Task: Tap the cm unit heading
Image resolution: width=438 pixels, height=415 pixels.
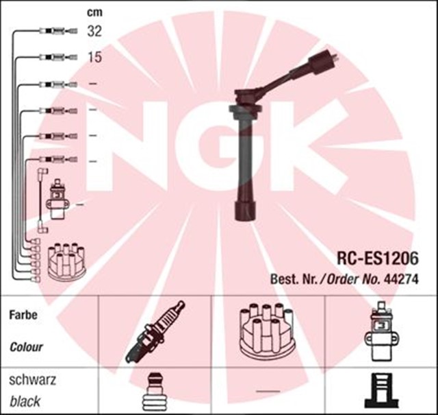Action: (94, 12)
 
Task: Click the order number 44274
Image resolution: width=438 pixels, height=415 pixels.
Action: (403, 279)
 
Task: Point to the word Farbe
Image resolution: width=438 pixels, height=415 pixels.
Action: (24, 316)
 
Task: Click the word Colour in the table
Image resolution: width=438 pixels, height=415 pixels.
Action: (27, 346)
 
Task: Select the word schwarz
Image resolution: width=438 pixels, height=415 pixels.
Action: (31, 379)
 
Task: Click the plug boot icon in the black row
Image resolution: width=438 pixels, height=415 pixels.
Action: (156, 393)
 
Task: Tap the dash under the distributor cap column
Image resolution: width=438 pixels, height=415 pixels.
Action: (263, 391)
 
